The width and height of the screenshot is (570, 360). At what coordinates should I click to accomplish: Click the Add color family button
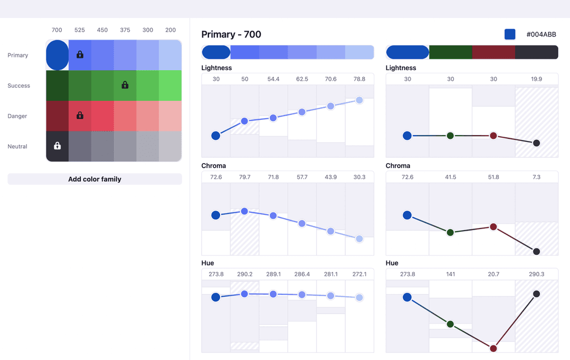tap(94, 179)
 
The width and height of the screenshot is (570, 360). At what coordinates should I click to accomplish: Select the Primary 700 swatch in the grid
tap(58, 55)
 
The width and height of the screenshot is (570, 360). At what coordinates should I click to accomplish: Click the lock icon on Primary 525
tap(80, 54)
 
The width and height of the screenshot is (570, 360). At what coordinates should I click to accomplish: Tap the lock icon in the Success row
tap(125, 85)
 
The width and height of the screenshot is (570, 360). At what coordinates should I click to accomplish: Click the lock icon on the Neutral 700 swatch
tap(58, 146)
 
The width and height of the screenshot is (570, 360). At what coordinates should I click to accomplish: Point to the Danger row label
tap(17, 116)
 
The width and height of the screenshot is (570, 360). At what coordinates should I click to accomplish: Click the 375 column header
tap(125, 30)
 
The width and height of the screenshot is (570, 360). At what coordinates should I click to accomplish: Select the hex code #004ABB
tap(541, 34)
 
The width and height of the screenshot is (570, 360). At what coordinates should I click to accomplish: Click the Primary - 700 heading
tap(231, 34)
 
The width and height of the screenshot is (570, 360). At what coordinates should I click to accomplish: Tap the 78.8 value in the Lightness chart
tap(359, 79)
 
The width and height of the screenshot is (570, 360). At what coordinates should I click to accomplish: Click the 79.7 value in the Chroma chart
tap(245, 177)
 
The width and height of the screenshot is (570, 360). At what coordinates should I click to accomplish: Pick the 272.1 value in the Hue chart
tap(359, 274)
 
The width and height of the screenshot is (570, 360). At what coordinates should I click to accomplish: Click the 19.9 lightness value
tap(536, 79)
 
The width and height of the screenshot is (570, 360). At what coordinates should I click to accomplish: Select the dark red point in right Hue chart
tap(493, 348)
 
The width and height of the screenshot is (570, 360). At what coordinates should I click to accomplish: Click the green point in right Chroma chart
tap(450, 232)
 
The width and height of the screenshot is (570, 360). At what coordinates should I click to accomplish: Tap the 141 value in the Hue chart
tap(450, 274)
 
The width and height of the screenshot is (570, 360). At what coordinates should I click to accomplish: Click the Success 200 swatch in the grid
tap(170, 86)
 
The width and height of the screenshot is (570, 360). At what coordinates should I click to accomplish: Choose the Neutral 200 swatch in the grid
tap(170, 146)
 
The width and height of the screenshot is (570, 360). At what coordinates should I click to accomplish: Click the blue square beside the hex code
tap(510, 34)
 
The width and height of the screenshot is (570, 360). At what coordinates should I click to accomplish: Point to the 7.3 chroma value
tap(536, 177)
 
